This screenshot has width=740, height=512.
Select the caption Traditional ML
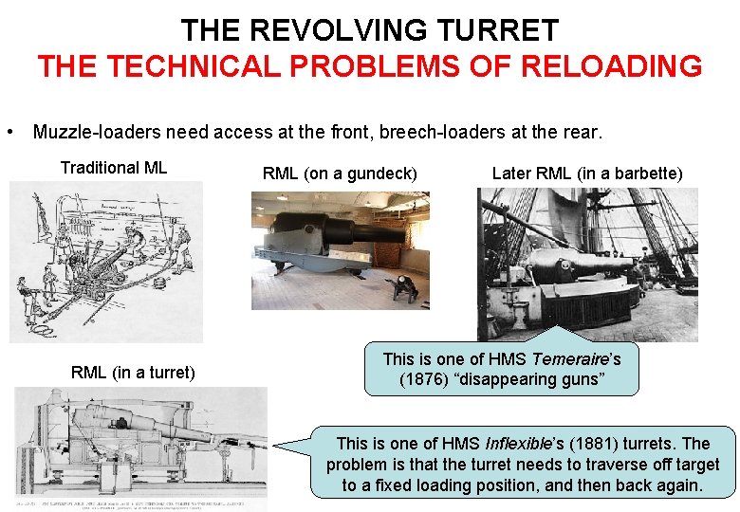click(113, 168)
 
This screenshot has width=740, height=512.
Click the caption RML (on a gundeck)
click(340, 174)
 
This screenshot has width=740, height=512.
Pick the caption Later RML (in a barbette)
click(587, 174)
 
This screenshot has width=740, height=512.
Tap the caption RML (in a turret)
click(133, 373)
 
